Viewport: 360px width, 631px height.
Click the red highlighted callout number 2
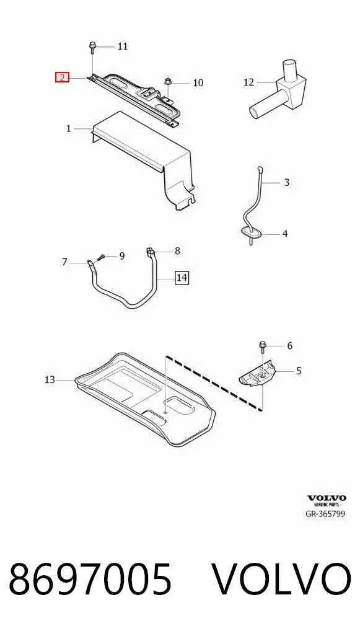(63, 77)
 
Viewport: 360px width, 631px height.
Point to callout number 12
(249, 82)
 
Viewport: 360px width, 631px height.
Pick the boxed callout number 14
(182, 277)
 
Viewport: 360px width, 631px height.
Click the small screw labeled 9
(101, 257)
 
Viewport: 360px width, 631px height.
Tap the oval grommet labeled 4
(250, 232)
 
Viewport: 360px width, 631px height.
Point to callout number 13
(50, 379)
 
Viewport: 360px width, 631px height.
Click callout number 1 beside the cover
(69, 128)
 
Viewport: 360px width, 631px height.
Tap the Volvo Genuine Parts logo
(327, 501)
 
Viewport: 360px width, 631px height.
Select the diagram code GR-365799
(326, 513)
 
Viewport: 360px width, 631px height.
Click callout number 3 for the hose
(286, 182)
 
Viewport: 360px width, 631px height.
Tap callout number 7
(64, 262)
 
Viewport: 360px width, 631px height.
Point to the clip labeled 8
(149, 253)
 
